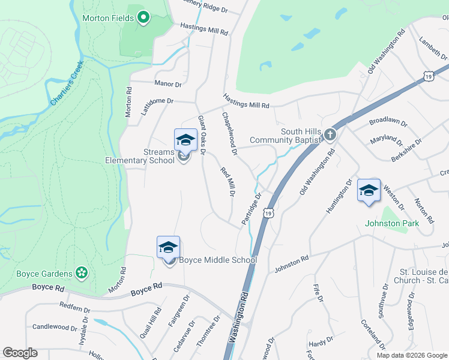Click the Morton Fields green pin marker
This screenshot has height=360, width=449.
(143, 18)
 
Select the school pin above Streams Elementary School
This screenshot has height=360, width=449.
(185, 140)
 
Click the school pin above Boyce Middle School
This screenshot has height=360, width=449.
(169, 247)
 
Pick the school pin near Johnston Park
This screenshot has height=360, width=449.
(369, 190)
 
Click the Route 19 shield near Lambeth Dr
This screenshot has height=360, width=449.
(427, 76)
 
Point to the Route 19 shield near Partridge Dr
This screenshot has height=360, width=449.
(269, 212)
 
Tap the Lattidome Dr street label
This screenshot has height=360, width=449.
(157, 106)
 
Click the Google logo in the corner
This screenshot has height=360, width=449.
(20, 352)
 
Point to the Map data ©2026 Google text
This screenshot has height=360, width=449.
(411, 355)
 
